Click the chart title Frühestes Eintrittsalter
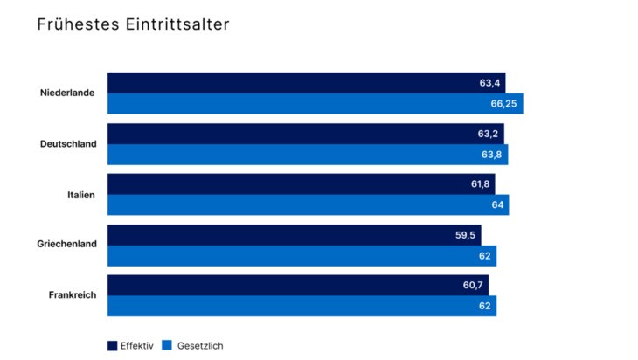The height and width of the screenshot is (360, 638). pyautogui.click(x=133, y=24)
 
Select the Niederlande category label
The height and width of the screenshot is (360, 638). pyautogui.click(x=67, y=93)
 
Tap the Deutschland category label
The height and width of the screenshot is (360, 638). pyautogui.click(x=68, y=144)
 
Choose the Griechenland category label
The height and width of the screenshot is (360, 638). pyautogui.click(x=66, y=245)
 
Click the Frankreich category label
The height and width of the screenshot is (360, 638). pyautogui.click(x=72, y=295)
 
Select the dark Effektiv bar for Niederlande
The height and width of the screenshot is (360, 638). pyautogui.click(x=288, y=83)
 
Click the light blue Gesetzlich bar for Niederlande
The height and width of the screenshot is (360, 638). pyautogui.click(x=297, y=104)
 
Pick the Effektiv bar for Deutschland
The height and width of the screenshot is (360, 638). pyautogui.click(x=288, y=134)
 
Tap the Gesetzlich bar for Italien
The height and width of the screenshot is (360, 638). pyautogui.click(x=297, y=205)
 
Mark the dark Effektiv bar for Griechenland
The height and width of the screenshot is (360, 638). pyautogui.click(x=280, y=235)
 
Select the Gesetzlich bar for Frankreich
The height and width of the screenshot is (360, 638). pyautogui.click(x=288, y=306)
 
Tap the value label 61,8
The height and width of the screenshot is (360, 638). pyautogui.click(x=480, y=184)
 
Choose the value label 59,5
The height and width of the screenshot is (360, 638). pyautogui.click(x=465, y=235)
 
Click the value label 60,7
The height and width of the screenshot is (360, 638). pyautogui.click(x=473, y=286)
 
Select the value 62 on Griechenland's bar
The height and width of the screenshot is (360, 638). pyautogui.click(x=485, y=256)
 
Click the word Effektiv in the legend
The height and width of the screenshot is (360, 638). pyautogui.click(x=137, y=346)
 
